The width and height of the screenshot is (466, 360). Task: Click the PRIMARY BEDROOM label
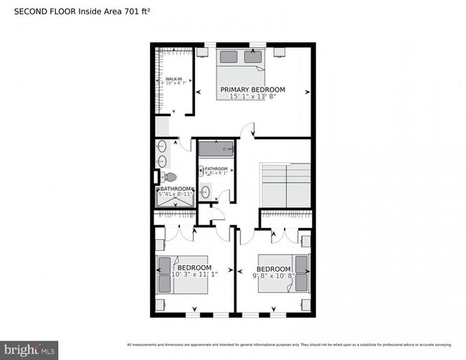(252, 90)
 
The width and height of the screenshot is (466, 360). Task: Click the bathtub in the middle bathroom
(216, 149)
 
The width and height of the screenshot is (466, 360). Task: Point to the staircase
(285, 185)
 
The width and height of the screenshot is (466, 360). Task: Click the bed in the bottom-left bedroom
(184, 275)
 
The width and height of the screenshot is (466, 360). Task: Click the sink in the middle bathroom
(206, 192)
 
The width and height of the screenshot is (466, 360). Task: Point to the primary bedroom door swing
(247, 130)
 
